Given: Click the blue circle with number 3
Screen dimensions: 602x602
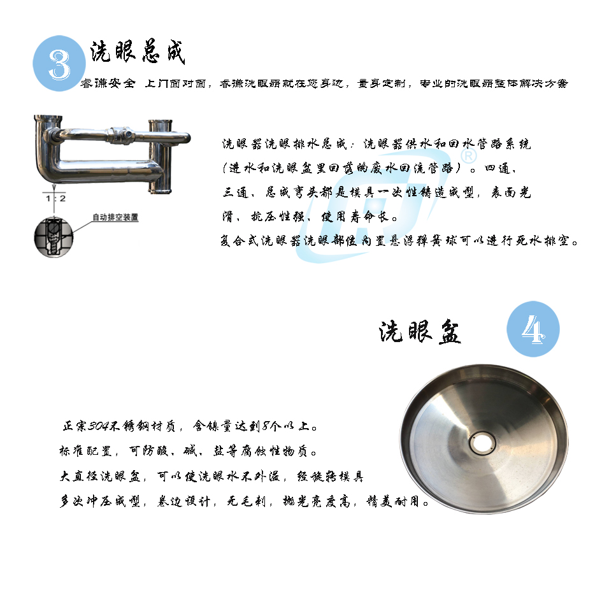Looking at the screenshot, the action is tap(59, 63).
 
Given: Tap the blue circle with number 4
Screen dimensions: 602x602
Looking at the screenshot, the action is tap(533, 329).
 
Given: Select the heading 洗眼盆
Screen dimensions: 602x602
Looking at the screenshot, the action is tap(420, 332).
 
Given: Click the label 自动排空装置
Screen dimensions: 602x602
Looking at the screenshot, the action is tap(115, 217).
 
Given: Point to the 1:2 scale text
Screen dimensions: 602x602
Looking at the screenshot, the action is tap(56, 199).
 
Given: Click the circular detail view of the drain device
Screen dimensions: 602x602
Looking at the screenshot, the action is tap(54, 237).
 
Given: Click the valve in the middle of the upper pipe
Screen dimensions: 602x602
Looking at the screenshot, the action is tap(120, 135).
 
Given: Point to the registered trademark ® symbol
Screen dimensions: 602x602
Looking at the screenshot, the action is tap(468, 156).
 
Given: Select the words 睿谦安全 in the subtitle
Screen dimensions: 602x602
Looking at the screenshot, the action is tap(108, 83).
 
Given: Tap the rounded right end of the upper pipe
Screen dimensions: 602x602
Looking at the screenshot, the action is tap(187, 138).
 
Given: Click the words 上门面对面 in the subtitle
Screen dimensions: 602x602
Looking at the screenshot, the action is tap(176, 83).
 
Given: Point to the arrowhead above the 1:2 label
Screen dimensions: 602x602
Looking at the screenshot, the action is tap(54, 188).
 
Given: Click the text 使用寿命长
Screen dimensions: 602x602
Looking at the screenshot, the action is tap(355, 217).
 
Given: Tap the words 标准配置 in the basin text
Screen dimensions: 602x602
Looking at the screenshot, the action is tap(85, 451).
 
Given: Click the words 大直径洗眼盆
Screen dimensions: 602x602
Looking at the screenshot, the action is tap(100, 477).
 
